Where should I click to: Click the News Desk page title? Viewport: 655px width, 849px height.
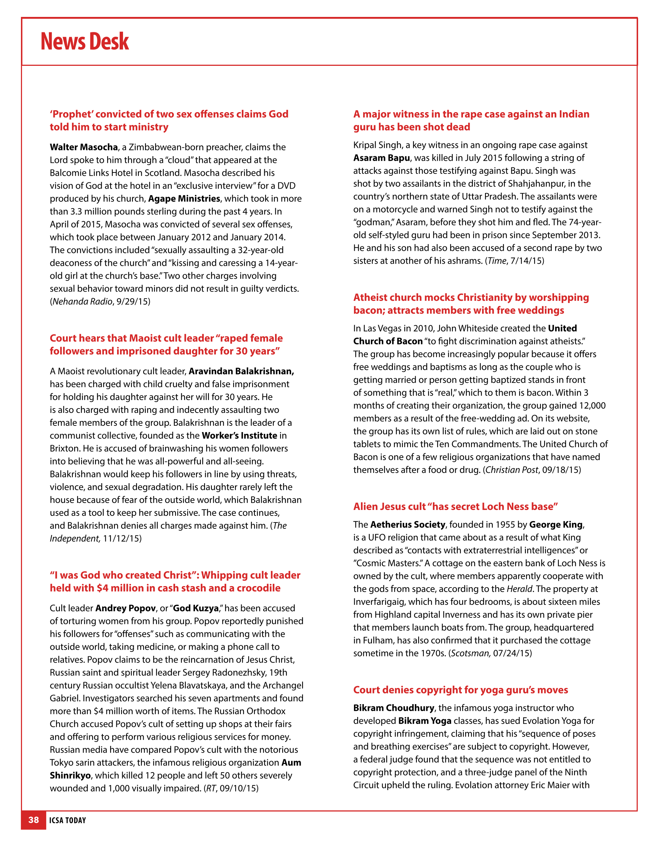point(85,41)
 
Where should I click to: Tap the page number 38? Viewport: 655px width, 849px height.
point(34,820)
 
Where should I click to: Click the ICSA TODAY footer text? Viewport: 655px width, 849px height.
point(68,820)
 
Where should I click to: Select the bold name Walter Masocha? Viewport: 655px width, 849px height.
point(83,147)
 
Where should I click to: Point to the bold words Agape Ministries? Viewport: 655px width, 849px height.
point(184,199)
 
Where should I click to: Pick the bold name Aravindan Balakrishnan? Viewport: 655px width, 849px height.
point(241,371)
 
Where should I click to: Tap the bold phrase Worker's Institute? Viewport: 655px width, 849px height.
point(239,435)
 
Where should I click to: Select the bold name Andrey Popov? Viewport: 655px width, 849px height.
point(126,608)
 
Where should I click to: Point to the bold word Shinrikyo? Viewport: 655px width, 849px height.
point(70,775)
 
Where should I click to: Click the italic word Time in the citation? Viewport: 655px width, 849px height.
point(497,261)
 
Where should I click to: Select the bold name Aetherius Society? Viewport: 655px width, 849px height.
point(407,524)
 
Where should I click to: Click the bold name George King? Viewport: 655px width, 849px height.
point(556,524)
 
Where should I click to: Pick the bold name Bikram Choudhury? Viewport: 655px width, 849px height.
point(393,707)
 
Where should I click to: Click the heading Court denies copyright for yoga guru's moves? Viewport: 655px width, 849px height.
point(460,690)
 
